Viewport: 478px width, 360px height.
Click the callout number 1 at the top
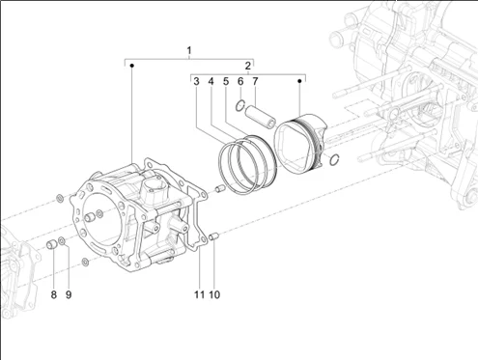189,50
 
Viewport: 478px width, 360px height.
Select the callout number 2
248,66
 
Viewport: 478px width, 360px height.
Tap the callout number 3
195,82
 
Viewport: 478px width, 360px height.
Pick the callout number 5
225,82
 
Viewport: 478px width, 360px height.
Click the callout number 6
240,82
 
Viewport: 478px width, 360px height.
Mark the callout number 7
255,82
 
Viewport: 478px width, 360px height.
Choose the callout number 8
54,293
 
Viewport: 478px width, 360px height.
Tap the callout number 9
69,293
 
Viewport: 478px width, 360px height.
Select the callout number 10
215,293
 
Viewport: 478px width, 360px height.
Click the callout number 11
199,293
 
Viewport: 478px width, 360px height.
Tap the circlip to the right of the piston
334,159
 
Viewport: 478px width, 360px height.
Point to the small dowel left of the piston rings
219,187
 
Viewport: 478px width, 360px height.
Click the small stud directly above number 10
212,235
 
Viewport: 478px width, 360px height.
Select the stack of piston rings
249,158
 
